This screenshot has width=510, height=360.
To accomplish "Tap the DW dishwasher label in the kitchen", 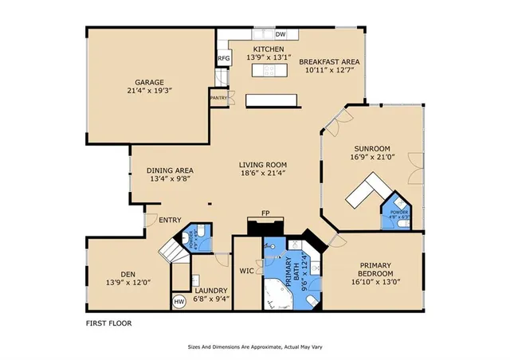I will pos(280,35).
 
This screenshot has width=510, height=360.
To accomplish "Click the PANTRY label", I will pos(218,98).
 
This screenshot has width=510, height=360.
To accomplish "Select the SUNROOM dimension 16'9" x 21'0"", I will pos(372,157).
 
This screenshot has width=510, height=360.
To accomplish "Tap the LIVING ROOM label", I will pos(262,164).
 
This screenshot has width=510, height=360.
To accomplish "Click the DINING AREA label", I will pos(170,170).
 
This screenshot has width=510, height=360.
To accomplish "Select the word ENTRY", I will pos(170,221).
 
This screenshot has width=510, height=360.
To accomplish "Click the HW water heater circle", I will pos(179,302).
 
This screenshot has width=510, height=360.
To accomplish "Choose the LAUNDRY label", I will pos(211,291).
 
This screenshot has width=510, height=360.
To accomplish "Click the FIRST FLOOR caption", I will pos(108,323).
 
